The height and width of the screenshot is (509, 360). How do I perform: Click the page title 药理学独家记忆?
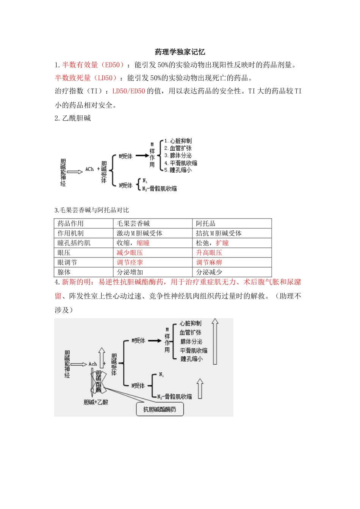(180, 52)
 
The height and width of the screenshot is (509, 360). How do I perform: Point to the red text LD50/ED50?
(129, 91)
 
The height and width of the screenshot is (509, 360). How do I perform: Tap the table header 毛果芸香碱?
(133, 223)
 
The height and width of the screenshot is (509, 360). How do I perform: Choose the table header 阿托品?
(206, 223)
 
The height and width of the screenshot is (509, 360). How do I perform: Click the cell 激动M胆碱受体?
(139, 233)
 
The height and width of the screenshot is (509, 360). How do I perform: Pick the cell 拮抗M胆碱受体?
(219, 233)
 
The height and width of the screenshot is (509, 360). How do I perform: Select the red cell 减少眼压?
(130, 253)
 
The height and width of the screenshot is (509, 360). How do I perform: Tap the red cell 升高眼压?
(209, 253)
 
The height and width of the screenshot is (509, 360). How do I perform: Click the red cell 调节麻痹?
(209, 262)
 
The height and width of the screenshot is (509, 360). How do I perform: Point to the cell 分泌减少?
(209, 272)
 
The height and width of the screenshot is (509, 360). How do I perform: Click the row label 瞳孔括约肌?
(74, 243)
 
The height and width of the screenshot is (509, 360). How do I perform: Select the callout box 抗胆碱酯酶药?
(160, 409)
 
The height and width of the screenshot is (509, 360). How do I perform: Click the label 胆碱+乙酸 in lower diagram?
(96, 402)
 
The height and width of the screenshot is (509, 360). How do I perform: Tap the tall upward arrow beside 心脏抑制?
(215, 341)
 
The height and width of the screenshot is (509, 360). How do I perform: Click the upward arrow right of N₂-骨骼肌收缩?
(200, 389)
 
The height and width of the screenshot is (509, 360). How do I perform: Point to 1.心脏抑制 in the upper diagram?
(178, 141)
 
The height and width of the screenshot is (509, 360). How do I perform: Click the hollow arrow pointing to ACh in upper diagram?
(75, 172)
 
